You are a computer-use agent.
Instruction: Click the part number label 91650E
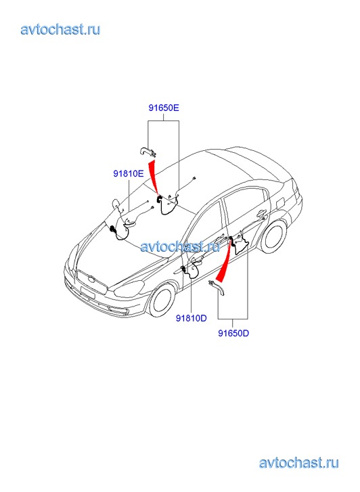click(x=164, y=108)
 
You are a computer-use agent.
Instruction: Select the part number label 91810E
click(x=129, y=173)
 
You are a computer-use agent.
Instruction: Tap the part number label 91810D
click(x=191, y=318)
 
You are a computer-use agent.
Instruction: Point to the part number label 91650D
click(x=233, y=333)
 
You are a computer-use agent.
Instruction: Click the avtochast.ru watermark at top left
click(x=60, y=29)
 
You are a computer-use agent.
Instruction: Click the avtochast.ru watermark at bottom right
click(x=299, y=463)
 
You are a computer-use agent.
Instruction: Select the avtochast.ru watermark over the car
click(x=180, y=246)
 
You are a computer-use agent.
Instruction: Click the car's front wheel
click(x=162, y=300)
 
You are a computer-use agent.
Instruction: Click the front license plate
click(x=87, y=292)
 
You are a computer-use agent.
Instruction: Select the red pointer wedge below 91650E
click(x=153, y=177)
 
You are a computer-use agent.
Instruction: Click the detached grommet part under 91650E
click(x=148, y=152)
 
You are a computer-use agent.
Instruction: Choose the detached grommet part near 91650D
click(x=217, y=288)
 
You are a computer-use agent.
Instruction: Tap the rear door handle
click(x=261, y=214)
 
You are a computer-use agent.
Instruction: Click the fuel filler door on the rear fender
click(x=279, y=201)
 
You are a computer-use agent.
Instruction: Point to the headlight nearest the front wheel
click(x=129, y=288)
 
